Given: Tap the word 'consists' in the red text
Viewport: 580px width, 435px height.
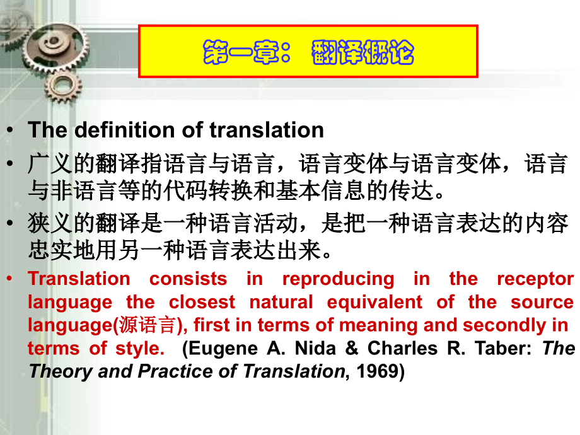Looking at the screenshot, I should click(188, 279).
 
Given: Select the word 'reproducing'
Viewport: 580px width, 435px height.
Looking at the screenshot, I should click(338, 279).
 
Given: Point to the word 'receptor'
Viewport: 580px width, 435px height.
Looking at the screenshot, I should click(535, 279).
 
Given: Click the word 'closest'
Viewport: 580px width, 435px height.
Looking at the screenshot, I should click(202, 302).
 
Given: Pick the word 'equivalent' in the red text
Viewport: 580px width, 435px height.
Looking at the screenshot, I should click(374, 302).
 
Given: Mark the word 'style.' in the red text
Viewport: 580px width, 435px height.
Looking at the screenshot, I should click(139, 349).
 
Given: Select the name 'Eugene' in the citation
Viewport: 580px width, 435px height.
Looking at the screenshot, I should click(219, 349).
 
